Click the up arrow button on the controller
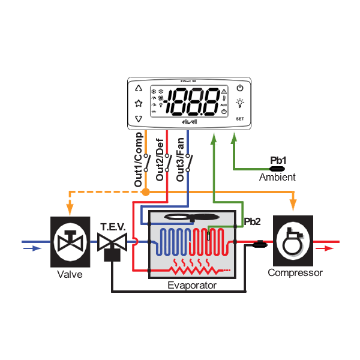point(139,87)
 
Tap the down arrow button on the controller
point(139,119)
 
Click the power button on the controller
point(239,87)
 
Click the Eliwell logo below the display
point(188,122)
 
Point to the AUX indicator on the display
point(223,104)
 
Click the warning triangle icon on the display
point(224,92)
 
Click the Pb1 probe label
point(278,160)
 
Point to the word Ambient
point(277,178)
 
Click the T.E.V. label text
point(112,227)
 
